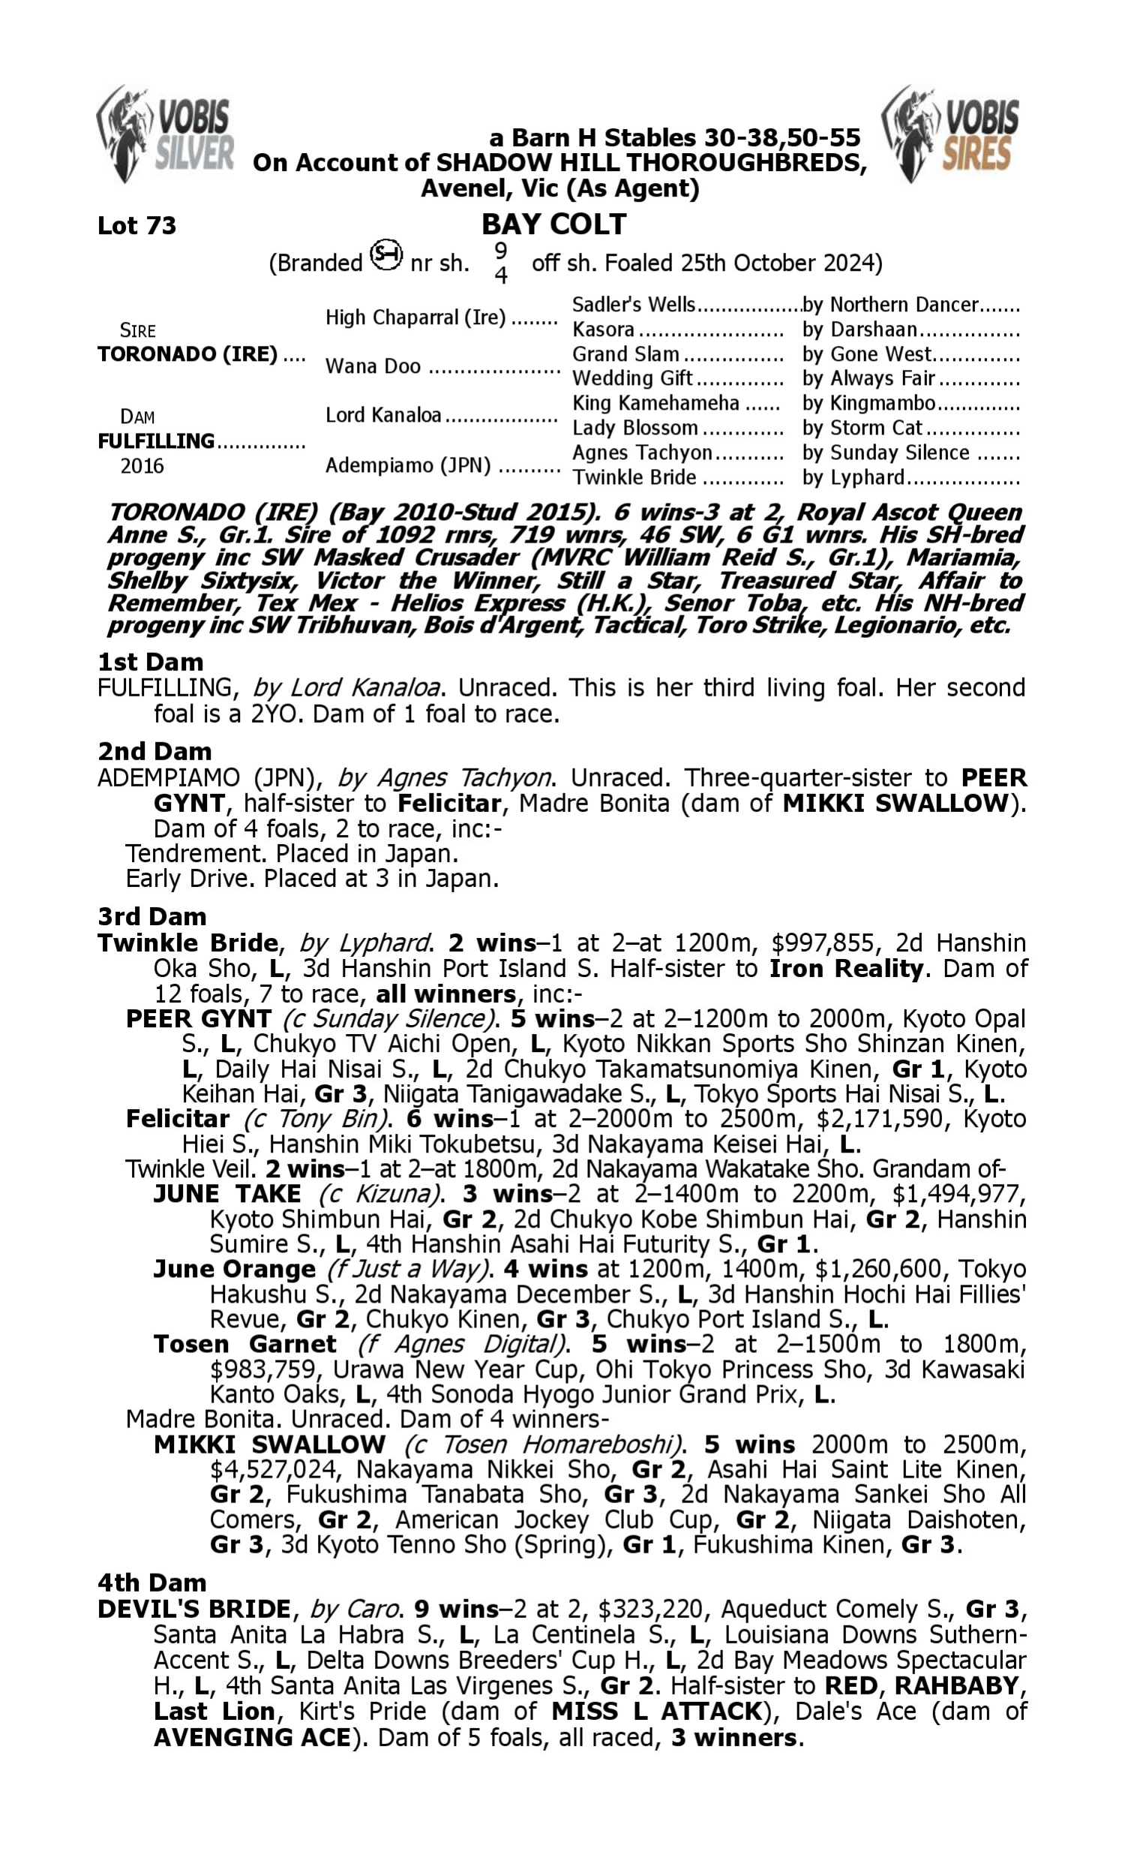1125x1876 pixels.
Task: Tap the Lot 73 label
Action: pyautogui.click(x=136, y=225)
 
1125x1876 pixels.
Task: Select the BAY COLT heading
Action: pyautogui.click(x=553, y=224)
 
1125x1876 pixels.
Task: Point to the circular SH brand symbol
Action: pyautogui.click(x=385, y=255)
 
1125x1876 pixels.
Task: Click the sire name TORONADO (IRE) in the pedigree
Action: pyautogui.click(x=187, y=354)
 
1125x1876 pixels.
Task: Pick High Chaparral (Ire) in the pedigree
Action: pyautogui.click(x=415, y=317)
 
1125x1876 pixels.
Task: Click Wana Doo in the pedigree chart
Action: pyautogui.click(x=372, y=366)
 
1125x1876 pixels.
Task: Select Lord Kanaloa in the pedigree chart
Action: pyautogui.click(x=382, y=415)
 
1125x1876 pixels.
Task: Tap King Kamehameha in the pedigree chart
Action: pyautogui.click(x=655, y=403)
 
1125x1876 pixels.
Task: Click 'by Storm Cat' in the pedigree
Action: pyautogui.click(x=862, y=428)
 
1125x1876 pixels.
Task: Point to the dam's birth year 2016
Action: pyautogui.click(x=142, y=465)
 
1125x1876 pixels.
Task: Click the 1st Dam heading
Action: pyautogui.click(x=150, y=662)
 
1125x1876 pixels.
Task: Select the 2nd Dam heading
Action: pyautogui.click(x=154, y=751)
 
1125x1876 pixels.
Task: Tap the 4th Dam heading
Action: pyautogui.click(x=151, y=1583)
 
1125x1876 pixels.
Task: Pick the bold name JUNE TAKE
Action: pyautogui.click(x=226, y=1195)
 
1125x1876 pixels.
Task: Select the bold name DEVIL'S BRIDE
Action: pyautogui.click(x=194, y=1609)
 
